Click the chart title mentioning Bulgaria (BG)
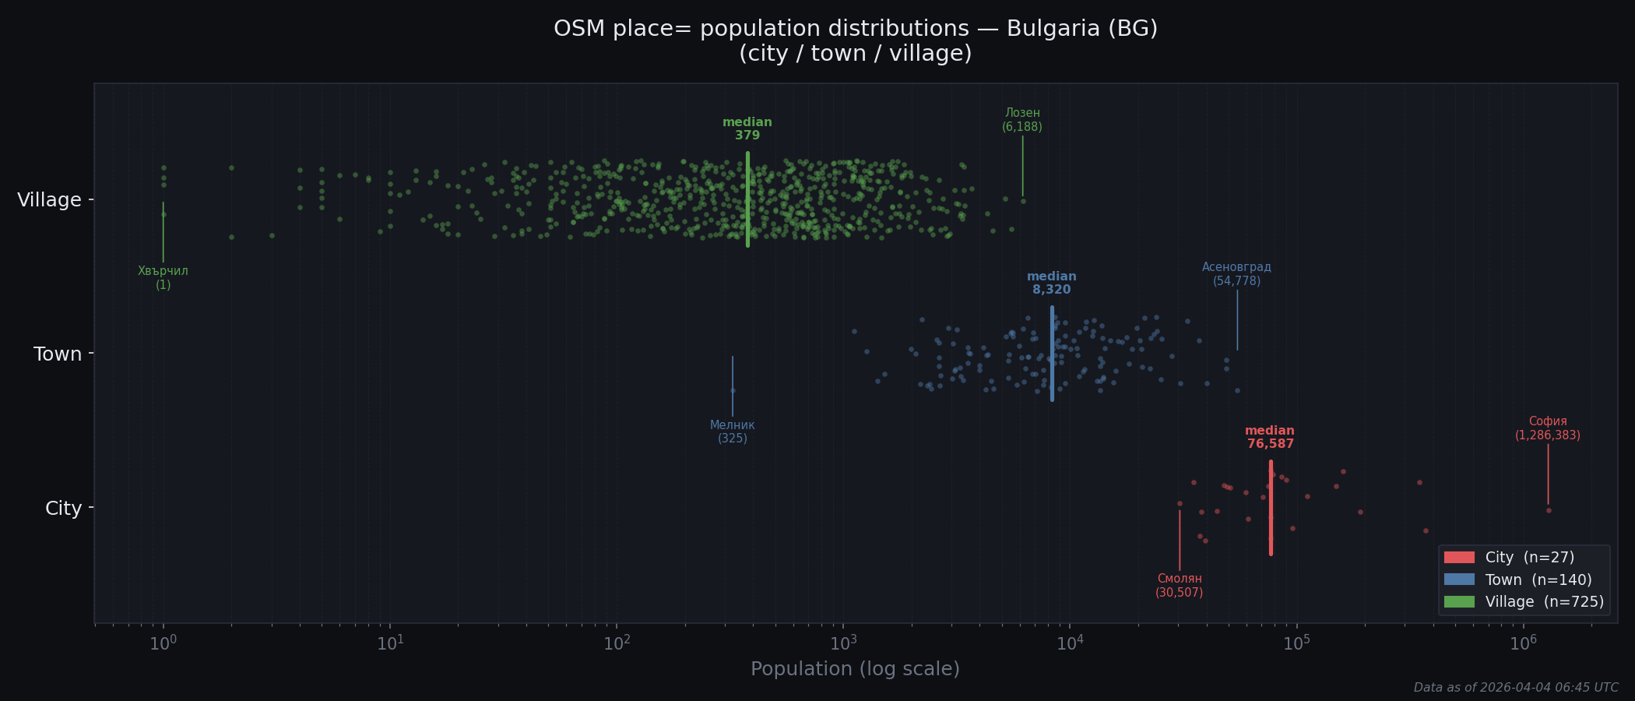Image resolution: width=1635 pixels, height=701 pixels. [x=855, y=41]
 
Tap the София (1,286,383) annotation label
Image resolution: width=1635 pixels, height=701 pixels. [x=1547, y=428]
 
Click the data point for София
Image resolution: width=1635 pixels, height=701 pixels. [x=1549, y=510]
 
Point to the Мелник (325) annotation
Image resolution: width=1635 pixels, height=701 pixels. [x=732, y=432]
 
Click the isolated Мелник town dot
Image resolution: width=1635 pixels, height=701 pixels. [x=733, y=391]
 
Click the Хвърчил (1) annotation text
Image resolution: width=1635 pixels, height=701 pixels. [x=163, y=277]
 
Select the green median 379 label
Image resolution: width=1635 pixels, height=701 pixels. [x=747, y=129]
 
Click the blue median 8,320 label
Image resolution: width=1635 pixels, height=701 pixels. [x=1051, y=283]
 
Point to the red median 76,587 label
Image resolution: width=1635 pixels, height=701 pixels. [x=1270, y=437]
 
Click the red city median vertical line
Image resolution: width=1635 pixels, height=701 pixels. [x=1271, y=530]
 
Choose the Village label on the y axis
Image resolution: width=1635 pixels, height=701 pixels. [x=49, y=200]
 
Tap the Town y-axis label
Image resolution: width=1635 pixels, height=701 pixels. [x=58, y=354]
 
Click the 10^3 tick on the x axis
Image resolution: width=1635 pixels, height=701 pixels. [x=842, y=643]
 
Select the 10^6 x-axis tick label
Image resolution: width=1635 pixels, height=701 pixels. [x=1523, y=643]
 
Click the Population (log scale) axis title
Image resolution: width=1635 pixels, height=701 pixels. [x=855, y=669]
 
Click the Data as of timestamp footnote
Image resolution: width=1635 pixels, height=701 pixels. [x=1515, y=688]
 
